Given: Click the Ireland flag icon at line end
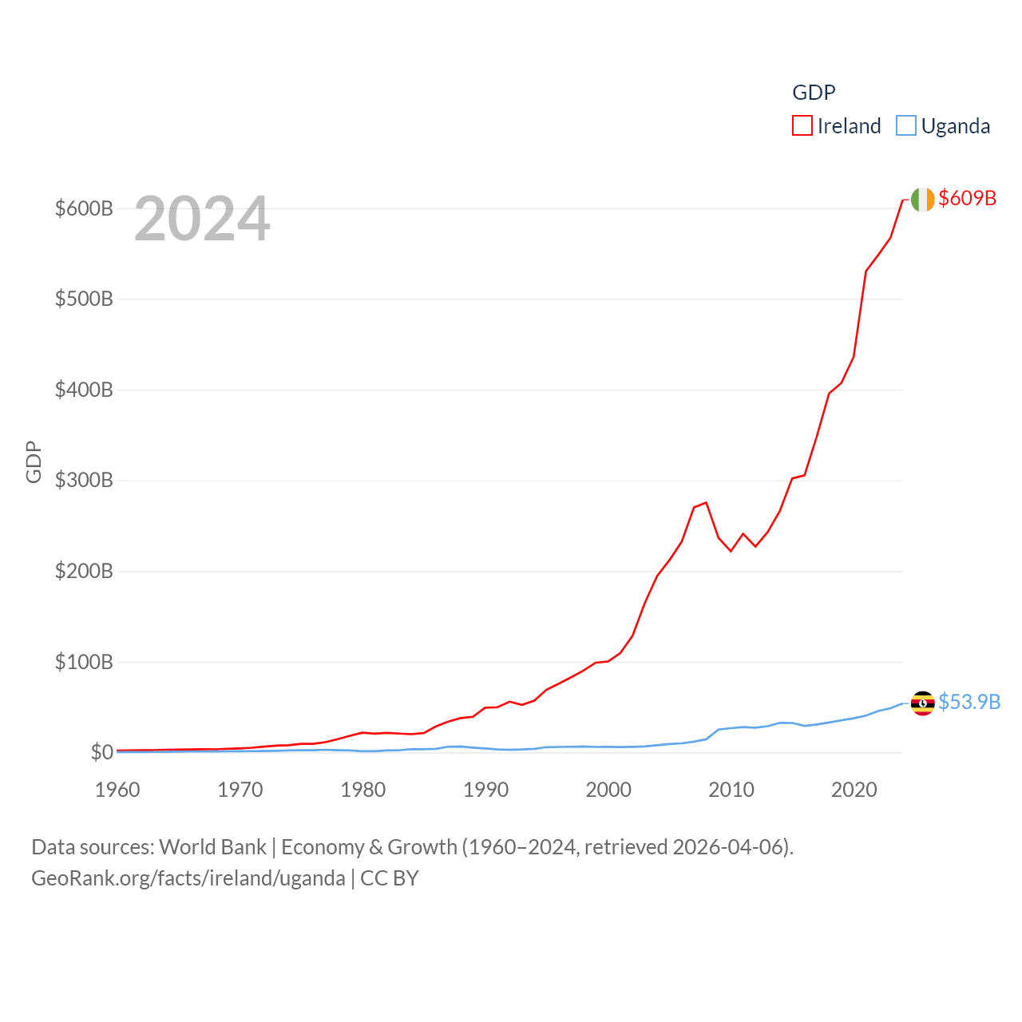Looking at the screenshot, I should coord(922,200).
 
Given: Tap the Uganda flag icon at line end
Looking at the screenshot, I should coord(922,703).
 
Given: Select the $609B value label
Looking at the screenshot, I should coord(967,198).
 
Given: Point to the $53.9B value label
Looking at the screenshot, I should coord(969,702).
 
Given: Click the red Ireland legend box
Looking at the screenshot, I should coord(802,126).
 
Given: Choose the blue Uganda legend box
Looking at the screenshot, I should coord(905,126).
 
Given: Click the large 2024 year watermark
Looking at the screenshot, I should coord(202,219).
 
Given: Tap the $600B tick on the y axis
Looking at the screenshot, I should coord(84,208).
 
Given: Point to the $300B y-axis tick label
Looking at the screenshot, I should coord(84,481).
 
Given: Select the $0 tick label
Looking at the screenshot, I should coord(101,752).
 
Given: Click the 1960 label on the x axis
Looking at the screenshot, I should coord(117,790).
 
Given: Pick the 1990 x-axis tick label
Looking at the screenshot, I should coord(485,790).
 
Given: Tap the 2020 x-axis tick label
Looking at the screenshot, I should coord(854,790).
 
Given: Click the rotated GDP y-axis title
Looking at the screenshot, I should coord(34,461).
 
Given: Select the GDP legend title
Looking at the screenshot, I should coord(814,93).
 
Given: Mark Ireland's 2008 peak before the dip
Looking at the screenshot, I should coord(706,502).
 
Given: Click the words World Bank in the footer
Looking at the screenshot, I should coord(212,846).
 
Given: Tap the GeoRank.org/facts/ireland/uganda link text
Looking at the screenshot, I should coord(188,878).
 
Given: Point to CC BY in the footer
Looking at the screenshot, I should coord(390,878).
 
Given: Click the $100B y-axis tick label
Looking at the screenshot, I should coord(84,662).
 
